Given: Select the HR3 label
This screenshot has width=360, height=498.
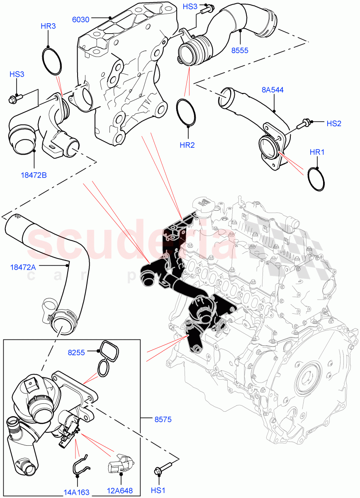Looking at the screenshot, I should [x=48, y=27].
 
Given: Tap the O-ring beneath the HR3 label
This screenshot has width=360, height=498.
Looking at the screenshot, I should [x=52, y=62].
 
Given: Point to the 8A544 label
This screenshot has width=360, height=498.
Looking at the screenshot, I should [x=272, y=90].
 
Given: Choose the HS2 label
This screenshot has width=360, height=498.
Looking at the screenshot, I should [x=334, y=123].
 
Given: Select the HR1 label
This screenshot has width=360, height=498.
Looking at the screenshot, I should [x=317, y=152].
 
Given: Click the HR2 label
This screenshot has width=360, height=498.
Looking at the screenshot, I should [x=187, y=145].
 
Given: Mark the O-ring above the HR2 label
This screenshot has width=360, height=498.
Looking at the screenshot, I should [x=187, y=112].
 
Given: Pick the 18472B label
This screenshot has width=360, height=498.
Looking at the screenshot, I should [x=34, y=175].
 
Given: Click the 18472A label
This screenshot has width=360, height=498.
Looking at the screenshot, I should [x=23, y=267].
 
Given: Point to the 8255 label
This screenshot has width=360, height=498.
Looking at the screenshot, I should [x=76, y=353].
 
